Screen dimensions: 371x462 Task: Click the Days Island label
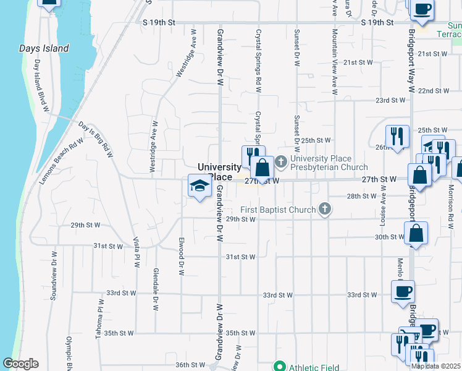[x=44, y=48]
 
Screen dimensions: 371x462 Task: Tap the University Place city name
[x=219, y=172]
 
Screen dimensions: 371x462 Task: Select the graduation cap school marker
[x=199, y=187]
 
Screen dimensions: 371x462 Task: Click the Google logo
[x=20, y=364]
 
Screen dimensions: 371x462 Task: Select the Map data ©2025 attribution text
[x=435, y=366]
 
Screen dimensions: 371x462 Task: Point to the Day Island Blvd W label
[x=41, y=86]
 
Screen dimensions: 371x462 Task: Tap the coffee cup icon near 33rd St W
[x=403, y=292]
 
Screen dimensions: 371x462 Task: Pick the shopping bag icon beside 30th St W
[x=416, y=234]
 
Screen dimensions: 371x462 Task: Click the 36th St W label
[x=190, y=365]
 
